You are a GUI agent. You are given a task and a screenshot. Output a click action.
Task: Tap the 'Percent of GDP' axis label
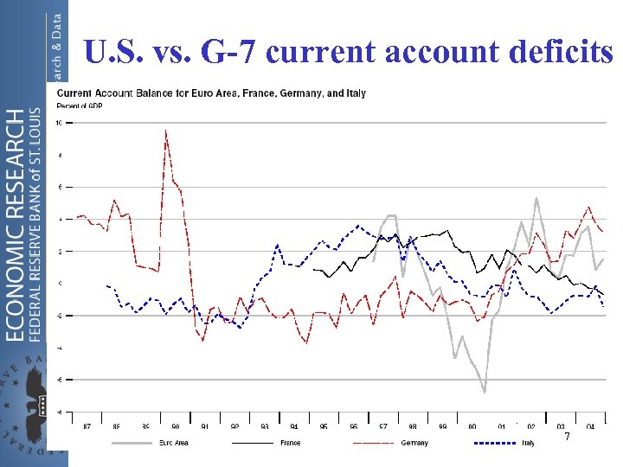80,106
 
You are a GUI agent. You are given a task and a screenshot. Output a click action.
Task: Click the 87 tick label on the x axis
87,426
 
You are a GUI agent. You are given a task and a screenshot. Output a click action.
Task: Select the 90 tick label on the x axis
176,426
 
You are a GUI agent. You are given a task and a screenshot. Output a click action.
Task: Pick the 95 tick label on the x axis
324,426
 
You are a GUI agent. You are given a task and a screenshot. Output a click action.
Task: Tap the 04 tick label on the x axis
590,426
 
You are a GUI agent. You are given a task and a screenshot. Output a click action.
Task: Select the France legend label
290,443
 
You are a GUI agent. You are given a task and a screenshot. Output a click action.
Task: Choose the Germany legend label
414,443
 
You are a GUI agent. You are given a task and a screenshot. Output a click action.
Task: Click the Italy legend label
528,443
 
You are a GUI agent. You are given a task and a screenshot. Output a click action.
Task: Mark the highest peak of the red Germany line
165,131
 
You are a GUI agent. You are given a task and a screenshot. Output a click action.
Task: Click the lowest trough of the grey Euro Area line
485,392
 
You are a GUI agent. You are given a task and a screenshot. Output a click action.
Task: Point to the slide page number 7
567,437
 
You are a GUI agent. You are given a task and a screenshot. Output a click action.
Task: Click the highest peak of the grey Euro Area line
536,198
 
